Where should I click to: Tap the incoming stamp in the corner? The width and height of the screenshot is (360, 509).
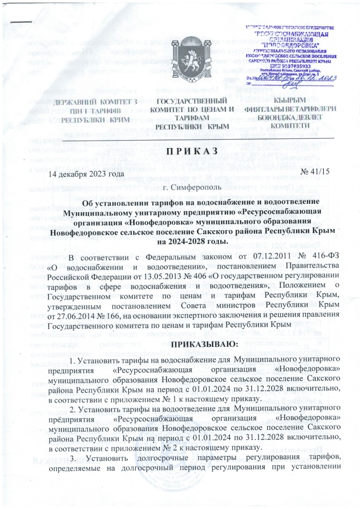click(293, 55)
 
